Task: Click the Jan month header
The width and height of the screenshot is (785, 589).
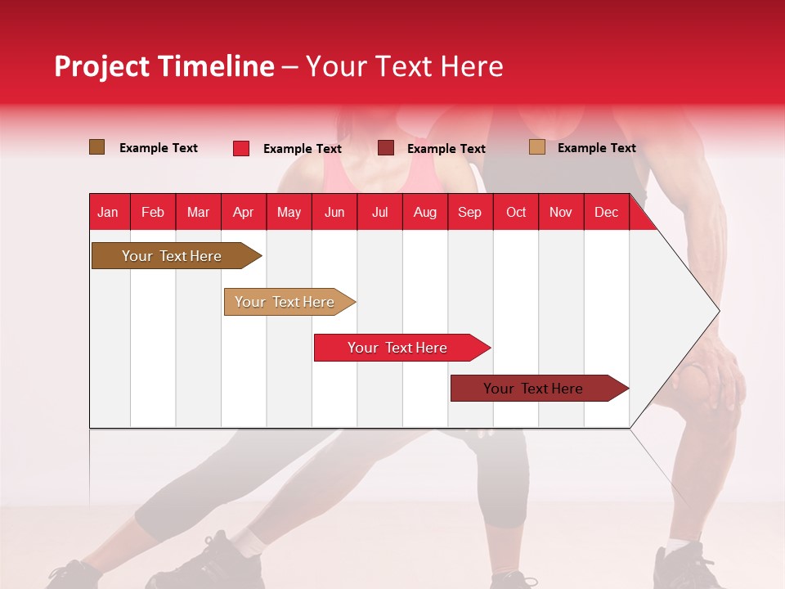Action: click(108, 212)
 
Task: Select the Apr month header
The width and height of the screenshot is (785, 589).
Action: click(243, 212)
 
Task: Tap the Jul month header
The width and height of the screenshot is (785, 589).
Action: click(379, 212)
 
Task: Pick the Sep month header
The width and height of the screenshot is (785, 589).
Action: click(469, 212)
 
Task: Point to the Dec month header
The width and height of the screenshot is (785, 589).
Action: click(606, 212)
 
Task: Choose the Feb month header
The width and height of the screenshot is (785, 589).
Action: click(153, 212)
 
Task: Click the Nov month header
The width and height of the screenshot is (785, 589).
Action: click(560, 212)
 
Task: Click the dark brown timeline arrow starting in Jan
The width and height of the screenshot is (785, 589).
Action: click(173, 256)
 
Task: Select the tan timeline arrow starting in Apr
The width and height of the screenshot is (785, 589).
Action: click(285, 302)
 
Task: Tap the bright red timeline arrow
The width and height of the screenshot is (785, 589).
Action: click(398, 348)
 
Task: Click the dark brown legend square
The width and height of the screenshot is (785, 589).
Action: click(97, 147)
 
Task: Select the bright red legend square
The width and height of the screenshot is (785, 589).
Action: click(241, 148)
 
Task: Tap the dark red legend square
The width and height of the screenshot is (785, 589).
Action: click(386, 148)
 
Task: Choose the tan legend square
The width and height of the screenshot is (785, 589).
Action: click(536, 147)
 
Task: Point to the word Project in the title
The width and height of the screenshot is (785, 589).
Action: click(101, 66)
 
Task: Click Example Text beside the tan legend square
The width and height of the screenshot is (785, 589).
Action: click(596, 148)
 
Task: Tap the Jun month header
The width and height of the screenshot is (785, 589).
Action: click(334, 212)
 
